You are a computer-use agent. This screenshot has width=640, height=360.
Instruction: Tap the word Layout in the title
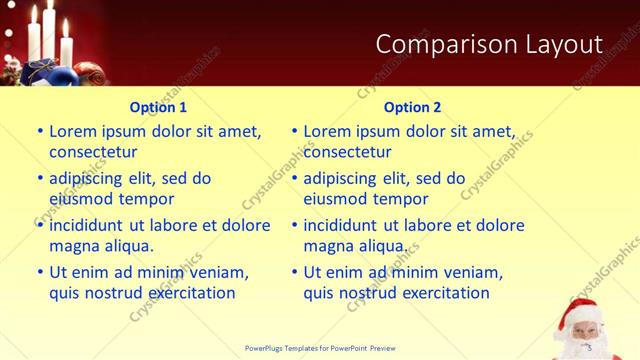click(x=560, y=44)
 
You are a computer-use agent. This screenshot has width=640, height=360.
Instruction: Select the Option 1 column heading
click(x=158, y=107)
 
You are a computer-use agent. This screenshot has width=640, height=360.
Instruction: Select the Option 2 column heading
click(x=412, y=107)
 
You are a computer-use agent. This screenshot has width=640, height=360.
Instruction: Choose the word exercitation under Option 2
click(x=441, y=293)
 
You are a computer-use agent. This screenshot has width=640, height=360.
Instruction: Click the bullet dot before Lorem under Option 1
click(x=40, y=131)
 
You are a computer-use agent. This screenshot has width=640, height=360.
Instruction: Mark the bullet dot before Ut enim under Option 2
click(x=294, y=271)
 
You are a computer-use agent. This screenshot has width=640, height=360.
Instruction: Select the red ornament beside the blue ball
click(x=84, y=73)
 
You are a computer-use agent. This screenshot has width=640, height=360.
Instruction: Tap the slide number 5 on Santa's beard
click(x=590, y=347)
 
